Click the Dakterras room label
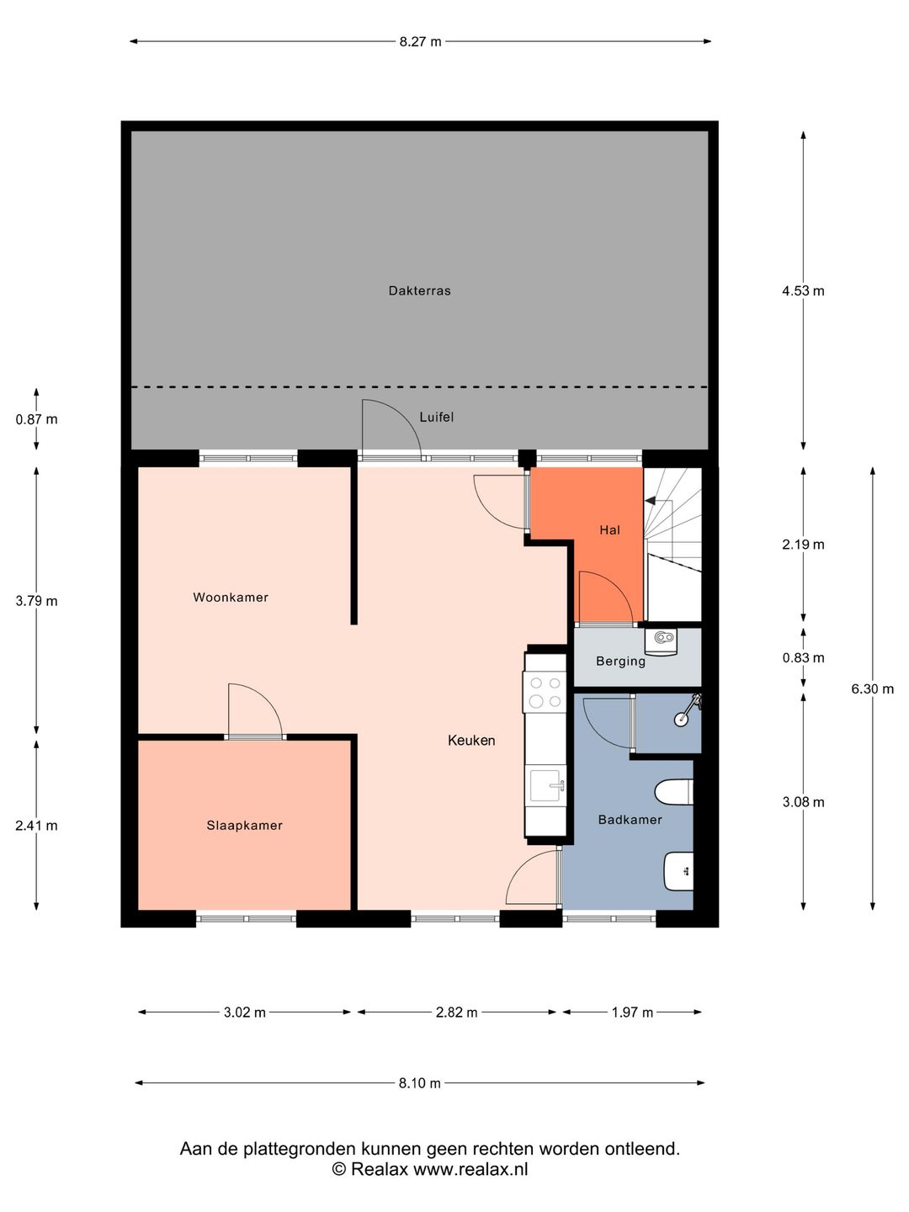tap(419, 290)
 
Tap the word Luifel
tap(437, 417)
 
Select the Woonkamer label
tap(231, 597)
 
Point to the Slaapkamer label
tap(244, 825)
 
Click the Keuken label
tap(471, 740)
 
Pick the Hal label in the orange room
tap(610, 530)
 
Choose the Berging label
tap(621, 661)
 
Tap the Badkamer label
tap(630, 820)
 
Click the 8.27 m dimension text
tap(421, 41)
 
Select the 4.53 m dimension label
tap(803, 290)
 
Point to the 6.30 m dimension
tap(873, 688)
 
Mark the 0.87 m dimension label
tap(36, 419)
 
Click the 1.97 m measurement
tap(632, 1013)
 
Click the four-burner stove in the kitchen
tap(545, 691)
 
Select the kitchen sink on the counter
tap(546, 785)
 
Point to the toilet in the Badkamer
tap(674, 792)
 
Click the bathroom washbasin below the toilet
tap(678, 871)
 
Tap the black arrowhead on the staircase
tap(650, 500)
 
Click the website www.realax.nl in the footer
tap(470, 1168)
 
